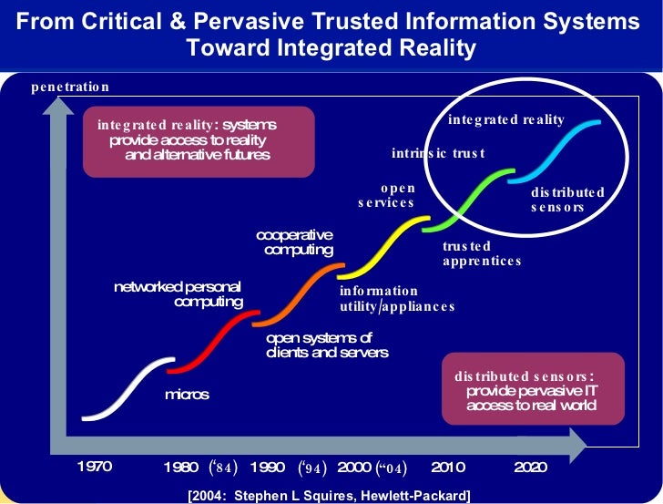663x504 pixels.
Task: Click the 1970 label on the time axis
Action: tap(94, 468)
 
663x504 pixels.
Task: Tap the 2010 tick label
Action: tap(447, 468)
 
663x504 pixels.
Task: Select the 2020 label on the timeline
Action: tap(530, 468)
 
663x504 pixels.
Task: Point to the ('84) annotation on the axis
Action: tap(223, 468)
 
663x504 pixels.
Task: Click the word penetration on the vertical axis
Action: tap(69, 87)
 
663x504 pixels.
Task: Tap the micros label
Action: tap(187, 395)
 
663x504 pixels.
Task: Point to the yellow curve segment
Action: tap(382, 246)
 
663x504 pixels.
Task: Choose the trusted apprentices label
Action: tap(482, 253)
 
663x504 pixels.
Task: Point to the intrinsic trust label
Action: tap(438, 153)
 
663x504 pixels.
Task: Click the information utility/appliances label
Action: tap(396, 299)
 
